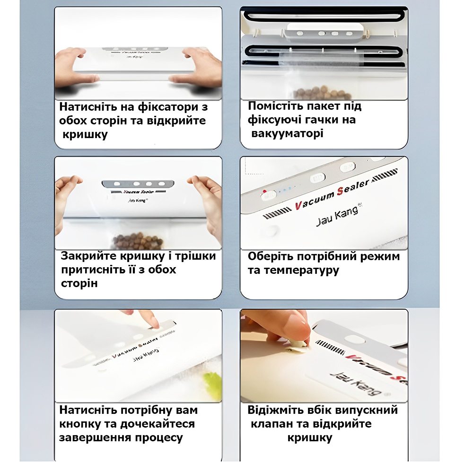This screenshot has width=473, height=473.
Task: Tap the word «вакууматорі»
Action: pos(287,133)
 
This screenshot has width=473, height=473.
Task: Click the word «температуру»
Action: pos(301,270)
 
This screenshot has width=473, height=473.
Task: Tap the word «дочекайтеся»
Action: pos(158,424)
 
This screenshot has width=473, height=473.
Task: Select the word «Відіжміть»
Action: pos(275,410)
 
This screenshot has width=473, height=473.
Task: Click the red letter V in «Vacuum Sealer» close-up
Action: pos(298,206)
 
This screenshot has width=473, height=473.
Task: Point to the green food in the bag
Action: pos(213,385)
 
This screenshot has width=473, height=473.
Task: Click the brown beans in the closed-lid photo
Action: pos(138,240)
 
